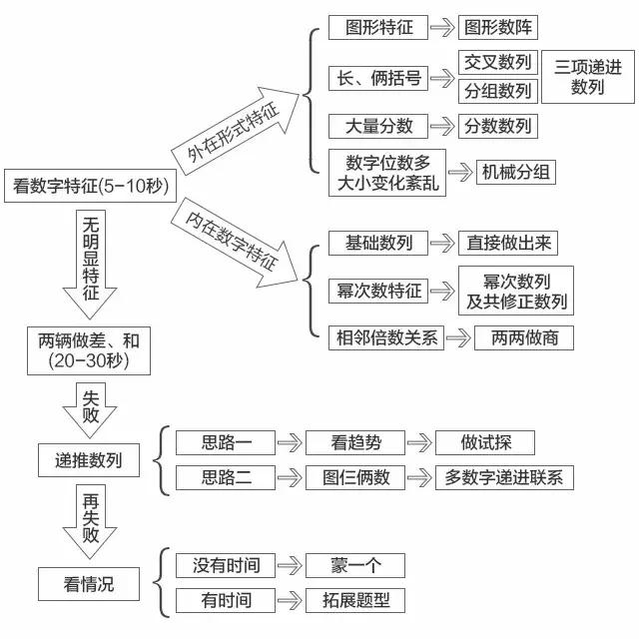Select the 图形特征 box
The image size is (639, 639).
pos(378,28)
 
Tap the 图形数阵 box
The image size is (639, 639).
pos(497,28)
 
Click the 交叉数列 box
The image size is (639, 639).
pos(498,62)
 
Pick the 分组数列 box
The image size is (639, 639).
pos(498,91)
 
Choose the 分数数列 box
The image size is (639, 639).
pos(497,126)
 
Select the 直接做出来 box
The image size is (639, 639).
pos(506,243)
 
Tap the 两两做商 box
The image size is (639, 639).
pos(517,337)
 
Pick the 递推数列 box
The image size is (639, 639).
pos(89,460)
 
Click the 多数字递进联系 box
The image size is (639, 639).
pos(504,477)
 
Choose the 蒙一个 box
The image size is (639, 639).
pos(355,565)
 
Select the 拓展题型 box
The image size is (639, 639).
pos(355,600)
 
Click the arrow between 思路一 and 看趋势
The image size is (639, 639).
pos(289,442)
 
